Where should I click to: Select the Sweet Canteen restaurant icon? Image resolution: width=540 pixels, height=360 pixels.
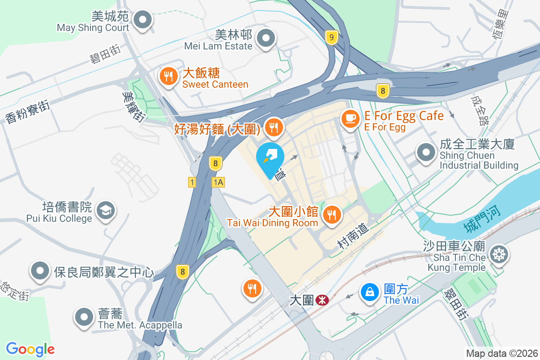click(168, 76)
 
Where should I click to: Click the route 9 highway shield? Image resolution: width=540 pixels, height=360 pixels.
click(331, 38)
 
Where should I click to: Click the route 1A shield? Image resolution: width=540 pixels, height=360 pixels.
click(218, 182)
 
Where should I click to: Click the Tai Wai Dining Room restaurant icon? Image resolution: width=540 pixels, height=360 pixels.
click(332, 214)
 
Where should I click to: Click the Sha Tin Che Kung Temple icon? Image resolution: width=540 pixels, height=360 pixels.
click(499, 254)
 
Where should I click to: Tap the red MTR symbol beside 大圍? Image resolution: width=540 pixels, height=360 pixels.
click(321, 300)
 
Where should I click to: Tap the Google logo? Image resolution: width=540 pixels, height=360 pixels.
click(31, 349)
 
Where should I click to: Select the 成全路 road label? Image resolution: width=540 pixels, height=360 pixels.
click(479, 110)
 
